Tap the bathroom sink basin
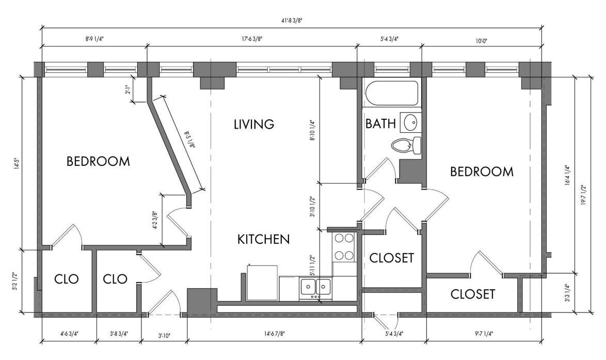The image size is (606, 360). (410, 123)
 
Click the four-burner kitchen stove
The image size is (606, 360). (344, 247)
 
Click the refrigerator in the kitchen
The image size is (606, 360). (263, 283)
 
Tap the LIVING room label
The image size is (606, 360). (254, 124)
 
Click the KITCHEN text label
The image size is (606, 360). (263, 239)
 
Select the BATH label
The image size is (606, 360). (380, 124)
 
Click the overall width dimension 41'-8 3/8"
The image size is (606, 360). (292, 21)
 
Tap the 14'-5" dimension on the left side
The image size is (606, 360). (15, 163)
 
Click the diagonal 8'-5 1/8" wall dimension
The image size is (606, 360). (189, 140)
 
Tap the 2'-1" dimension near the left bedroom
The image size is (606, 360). (127, 90)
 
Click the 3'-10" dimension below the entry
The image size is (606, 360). (164, 336)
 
